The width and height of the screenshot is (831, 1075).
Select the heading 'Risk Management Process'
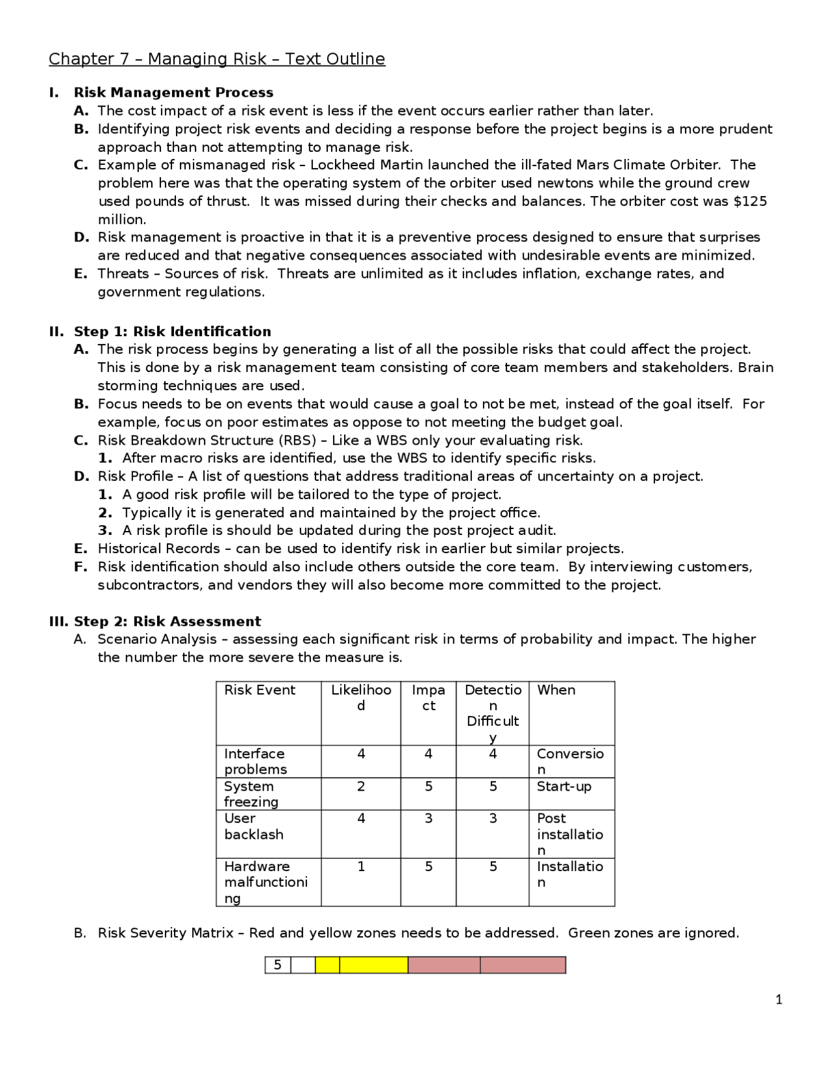pyautogui.click(x=173, y=93)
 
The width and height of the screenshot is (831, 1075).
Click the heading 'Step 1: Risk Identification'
pyautogui.click(x=172, y=332)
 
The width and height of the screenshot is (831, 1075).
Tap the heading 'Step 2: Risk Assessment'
pyautogui.click(x=167, y=621)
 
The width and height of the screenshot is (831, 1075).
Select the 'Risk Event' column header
pyautogui.click(x=260, y=690)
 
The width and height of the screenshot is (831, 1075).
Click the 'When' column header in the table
pyautogui.click(x=556, y=690)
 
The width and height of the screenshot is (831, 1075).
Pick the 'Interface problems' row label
pyautogui.click(x=255, y=761)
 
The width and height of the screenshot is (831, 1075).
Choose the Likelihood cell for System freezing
pyautogui.click(x=361, y=787)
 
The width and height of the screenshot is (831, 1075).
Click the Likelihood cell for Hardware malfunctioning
pyautogui.click(x=361, y=867)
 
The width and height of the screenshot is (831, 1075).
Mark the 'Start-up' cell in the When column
pyautogui.click(x=564, y=787)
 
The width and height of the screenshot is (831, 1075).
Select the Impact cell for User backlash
pyautogui.click(x=428, y=819)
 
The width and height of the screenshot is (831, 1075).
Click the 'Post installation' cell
pyautogui.click(x=569, y=834)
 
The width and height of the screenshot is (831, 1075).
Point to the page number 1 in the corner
pyautogui.click(x=778, y=1000)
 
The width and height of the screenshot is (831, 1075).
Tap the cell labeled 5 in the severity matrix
pyautogui.click(x=278, y=965)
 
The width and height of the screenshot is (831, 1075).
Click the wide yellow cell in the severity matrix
pyautogui.click(x=373, y=965)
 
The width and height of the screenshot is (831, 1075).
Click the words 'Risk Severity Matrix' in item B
pyautogui.click(x=166, y=933)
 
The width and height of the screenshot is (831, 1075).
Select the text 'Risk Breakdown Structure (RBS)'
pyautogui.click(x=206, y=440)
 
